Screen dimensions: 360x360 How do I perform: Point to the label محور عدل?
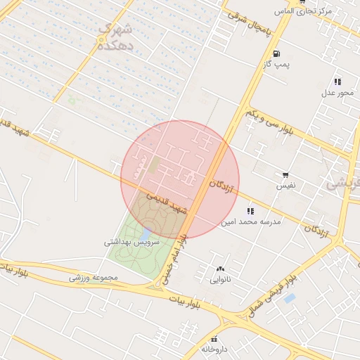(x=337, y=93)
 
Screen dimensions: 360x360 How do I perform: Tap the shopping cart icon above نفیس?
(x=285, y=175)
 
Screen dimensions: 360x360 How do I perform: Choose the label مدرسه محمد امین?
(x=251, y=222)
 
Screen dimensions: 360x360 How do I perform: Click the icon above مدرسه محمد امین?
(x=251, y=211)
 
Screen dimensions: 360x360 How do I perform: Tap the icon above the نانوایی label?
(x=221, y=269)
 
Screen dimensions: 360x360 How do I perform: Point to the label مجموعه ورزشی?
(x=96, y=277)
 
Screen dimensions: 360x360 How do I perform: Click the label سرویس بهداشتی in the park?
(x=132, y=242)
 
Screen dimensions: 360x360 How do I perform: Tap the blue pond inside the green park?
(x=146, y=231)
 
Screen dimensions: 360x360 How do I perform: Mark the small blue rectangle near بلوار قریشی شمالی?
(x=290, y=299)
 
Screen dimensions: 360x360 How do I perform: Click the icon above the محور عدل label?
(x=337, y=82)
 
